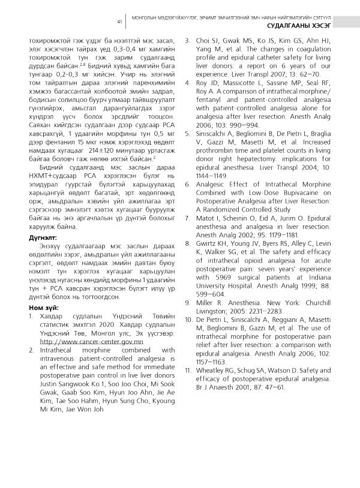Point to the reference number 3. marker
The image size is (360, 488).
point(188,41)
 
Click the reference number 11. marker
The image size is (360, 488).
point(189,370)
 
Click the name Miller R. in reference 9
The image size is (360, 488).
point(212,303)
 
